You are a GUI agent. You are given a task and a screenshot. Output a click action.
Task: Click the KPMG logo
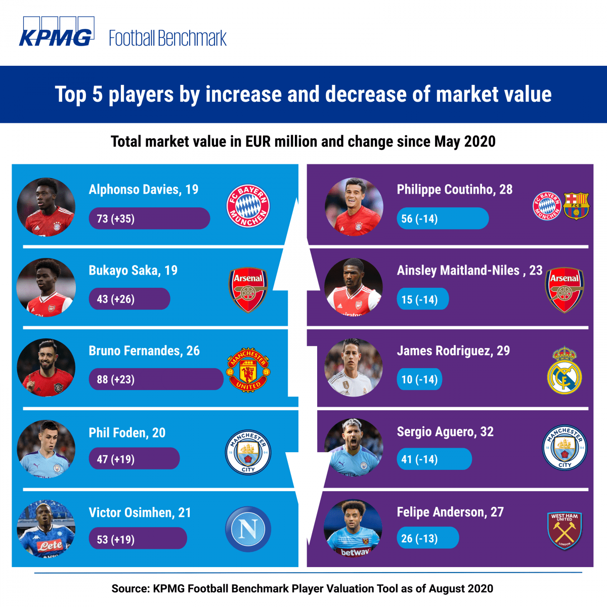pos(56,32)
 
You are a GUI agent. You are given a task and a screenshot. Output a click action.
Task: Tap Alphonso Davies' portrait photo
pos(46,207)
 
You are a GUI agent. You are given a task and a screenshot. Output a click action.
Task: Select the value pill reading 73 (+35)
pos(149,219)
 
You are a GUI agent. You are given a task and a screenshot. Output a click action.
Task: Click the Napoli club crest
pos(248,529)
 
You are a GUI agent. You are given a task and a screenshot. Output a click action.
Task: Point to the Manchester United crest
pos(248,369)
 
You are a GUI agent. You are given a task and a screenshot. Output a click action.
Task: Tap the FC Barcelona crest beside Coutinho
pos(576,205)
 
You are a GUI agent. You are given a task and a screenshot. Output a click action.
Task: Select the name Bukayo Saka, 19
pos(133,270)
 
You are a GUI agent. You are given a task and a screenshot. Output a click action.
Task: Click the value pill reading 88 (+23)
pos(156,379)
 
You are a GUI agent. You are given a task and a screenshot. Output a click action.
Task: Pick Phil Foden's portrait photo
pos(46,448)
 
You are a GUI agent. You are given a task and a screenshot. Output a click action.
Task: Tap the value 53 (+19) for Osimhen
pos(138,539)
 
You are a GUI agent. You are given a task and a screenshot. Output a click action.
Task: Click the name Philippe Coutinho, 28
pos(454,190)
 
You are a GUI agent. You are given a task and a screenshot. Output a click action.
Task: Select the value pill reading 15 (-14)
pos(422,299)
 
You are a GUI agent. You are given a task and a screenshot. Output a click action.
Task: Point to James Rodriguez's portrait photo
pos(354,368)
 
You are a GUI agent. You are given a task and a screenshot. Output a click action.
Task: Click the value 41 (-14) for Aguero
pos(434,459)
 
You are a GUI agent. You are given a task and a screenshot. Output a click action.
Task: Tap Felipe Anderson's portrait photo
pos(353,528)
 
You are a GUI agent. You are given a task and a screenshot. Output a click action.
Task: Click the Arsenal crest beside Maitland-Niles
pos(565,289)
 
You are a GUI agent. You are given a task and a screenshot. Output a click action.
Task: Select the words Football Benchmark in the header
pos(168,38)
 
